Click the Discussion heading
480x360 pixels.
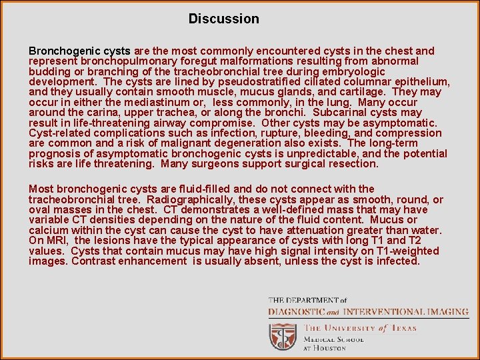pos(223,19)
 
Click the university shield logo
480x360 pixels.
pos(283,337)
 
